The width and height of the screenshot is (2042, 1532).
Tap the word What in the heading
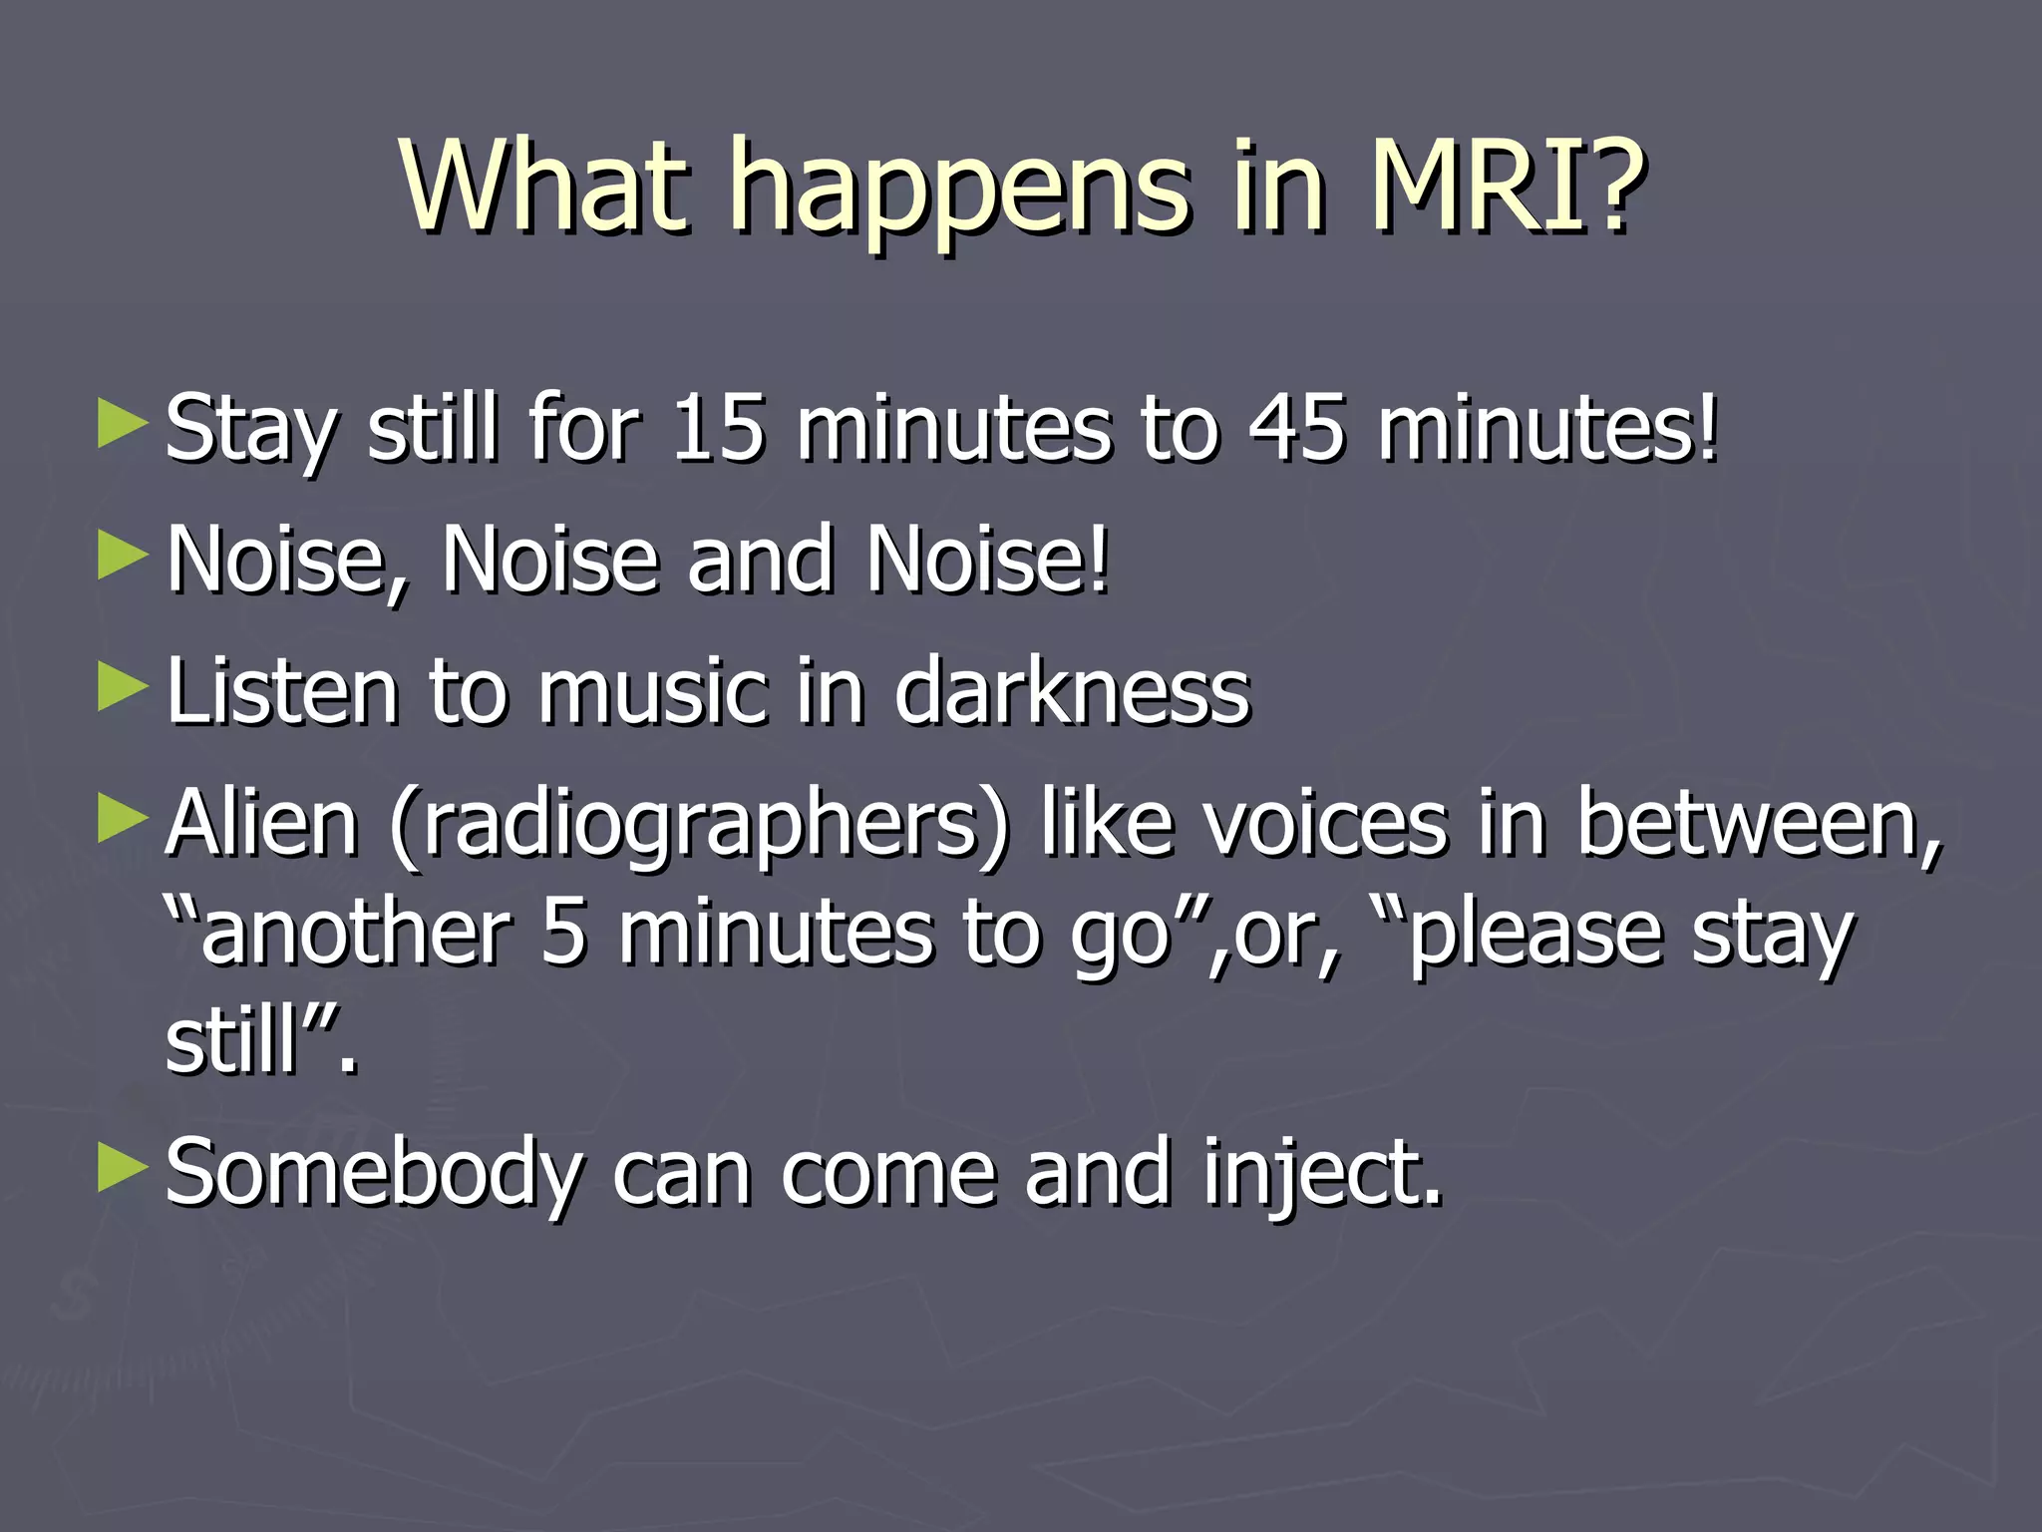point(544,185)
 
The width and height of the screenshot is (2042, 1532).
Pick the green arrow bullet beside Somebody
point(123,1170)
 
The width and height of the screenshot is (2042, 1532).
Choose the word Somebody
point(374,1175)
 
